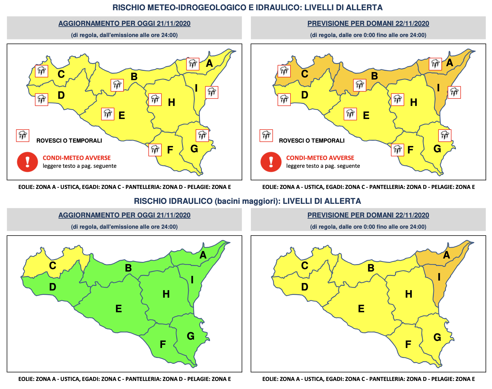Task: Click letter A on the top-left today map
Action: [x=209, y=63]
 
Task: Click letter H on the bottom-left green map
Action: [x=166, y=294]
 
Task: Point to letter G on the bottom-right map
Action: [x=437, y=337]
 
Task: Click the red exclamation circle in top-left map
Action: [x=27, y=162]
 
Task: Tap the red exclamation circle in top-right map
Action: [x=271, y=162]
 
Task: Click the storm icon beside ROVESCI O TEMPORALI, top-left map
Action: [x=23, y=136]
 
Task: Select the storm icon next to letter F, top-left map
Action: [x=155, y=150]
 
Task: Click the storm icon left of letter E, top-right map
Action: [x=350, y=114]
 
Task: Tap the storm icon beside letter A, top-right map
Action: [x=435, y=64]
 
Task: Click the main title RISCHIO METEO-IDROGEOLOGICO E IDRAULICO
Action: [x=247, y=7]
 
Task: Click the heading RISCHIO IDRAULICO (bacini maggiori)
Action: [x=247, y=201]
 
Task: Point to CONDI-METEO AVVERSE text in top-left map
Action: [x=77, y=158]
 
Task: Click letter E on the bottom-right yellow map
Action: [x=361, y=309]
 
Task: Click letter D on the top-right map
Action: [x=304, y=95]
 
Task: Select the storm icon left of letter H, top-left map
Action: [x=155, y=100]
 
